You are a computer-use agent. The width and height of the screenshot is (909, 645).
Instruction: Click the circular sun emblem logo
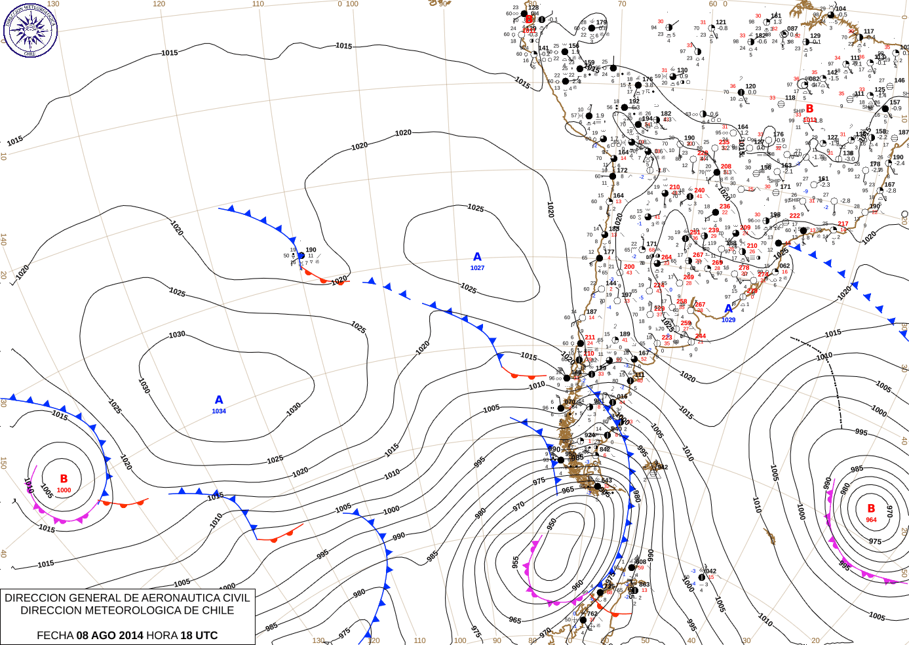(30, 30)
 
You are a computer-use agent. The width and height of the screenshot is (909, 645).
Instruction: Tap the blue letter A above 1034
(219, 400)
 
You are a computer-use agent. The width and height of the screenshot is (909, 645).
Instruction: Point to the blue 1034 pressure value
(219, 412)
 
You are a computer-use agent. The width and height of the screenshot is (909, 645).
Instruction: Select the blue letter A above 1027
(477, 257)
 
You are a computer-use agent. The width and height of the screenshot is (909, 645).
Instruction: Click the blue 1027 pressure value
(477, 268)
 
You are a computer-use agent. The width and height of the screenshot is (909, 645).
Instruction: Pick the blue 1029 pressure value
(729, 320)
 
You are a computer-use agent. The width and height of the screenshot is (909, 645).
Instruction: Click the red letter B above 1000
(64, 479)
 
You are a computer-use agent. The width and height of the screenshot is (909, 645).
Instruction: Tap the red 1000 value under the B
(64, 490)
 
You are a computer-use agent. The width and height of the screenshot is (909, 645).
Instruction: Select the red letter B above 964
(871, 508)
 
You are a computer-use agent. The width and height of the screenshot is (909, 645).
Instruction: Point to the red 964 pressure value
(871, 520)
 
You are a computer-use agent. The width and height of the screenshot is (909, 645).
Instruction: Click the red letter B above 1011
(809, 109)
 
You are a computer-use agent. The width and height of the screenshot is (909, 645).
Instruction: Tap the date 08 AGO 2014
(109, 635)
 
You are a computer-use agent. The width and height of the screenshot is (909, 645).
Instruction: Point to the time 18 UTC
(199, 635)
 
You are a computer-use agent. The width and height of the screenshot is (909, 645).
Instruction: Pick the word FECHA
(55, 635)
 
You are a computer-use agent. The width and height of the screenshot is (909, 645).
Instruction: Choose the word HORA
(161, 635)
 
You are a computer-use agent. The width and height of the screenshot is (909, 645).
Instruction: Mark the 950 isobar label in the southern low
(552, 524)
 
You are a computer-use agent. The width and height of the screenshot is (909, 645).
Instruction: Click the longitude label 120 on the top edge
(159, 4)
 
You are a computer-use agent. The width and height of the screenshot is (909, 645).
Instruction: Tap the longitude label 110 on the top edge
(258, 4)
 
